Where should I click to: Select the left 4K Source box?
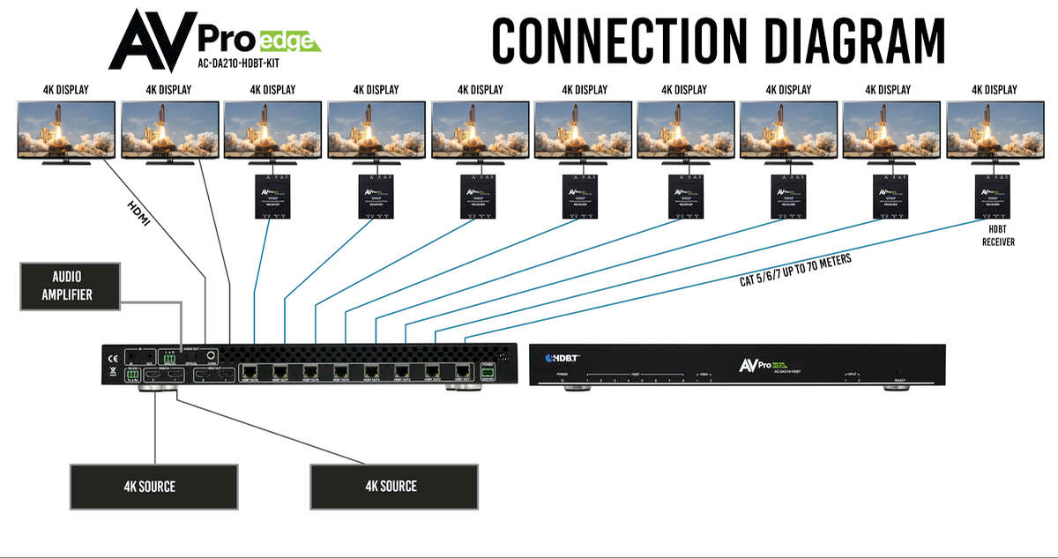click(154, 486)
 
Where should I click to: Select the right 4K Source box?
click(394, 486)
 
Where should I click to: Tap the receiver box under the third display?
click(273, 197)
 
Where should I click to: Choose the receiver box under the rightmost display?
click(995, 197)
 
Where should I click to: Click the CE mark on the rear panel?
click(112, 359)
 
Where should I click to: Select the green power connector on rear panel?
click(488, 372)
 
